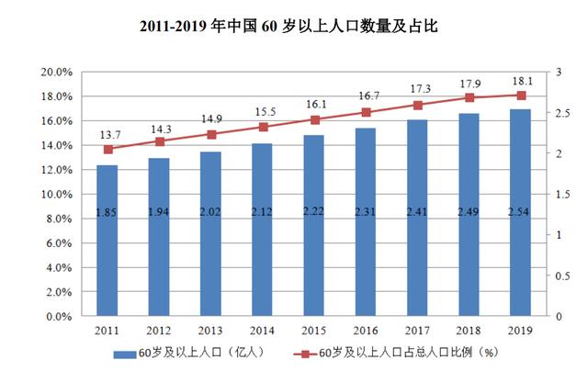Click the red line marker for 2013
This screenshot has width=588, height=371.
pyautogui.click(x=210, y=134)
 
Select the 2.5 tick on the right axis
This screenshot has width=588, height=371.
pyautogui.click(x=560, y=113)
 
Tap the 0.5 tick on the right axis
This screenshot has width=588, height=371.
pyautogui.click(x=560, y=275)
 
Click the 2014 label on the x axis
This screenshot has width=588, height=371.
pyautogui.click(x=262, y=331)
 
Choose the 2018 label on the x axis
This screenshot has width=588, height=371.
pyautogui.click(x=469, y=331)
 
